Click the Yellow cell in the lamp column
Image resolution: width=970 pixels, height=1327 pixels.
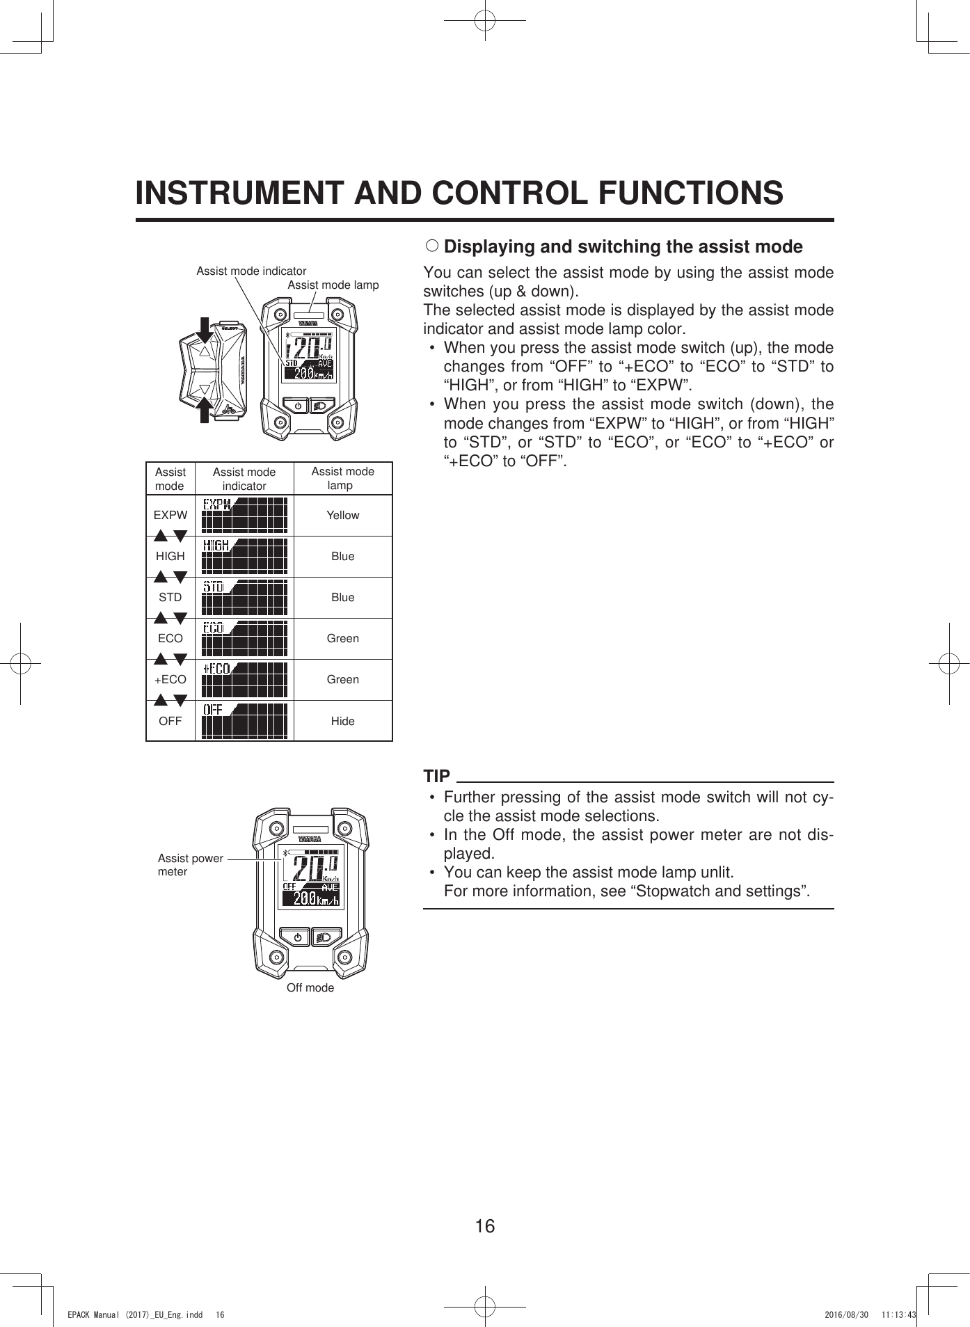(x=342, y=515)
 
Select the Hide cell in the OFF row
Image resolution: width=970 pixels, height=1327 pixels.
(x=342, y=721)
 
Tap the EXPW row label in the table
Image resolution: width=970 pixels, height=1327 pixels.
(x=170, y=515)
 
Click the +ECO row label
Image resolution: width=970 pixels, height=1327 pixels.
(x=170, y=679)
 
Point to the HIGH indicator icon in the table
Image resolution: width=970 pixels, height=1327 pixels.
(x=244, y=556)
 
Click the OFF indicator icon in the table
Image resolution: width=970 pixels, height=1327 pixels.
(x=244, y=720)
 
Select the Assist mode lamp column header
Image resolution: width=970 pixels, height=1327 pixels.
(x=342, y=478)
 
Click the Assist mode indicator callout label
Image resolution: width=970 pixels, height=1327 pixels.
(x=251, y=271)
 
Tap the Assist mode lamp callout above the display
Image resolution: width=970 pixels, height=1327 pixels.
(x=333, y=285)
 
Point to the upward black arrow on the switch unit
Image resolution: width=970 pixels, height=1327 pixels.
(x=204, y=410)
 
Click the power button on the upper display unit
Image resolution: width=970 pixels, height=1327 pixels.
(x=297, y=405)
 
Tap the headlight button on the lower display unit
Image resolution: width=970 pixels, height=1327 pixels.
(x=325, y=937)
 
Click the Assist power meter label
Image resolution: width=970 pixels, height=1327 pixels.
(x=190, y=864)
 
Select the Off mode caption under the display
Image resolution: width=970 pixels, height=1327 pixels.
(x=310, y=987)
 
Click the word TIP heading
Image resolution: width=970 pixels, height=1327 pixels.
(x=437, y=776)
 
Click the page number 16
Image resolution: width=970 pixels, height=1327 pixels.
(x=485, y=1225)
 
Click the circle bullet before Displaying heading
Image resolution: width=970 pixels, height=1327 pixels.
(x=431, y=246)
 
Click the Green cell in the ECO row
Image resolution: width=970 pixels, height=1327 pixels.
(x=342, y=638)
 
